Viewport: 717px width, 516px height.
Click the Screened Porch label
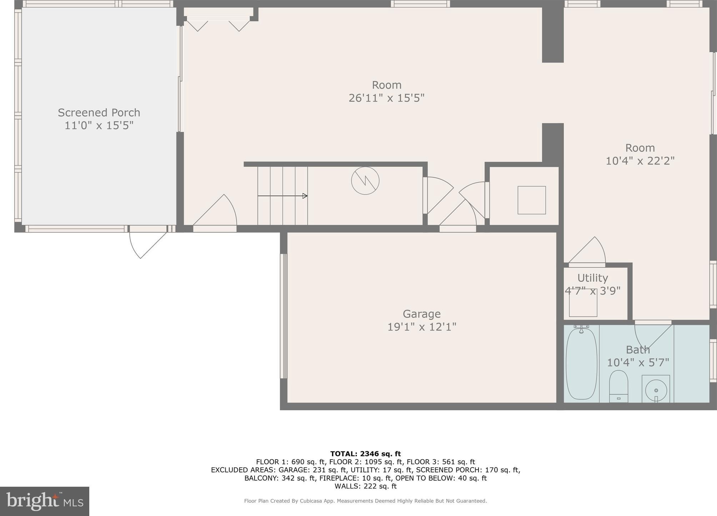99,112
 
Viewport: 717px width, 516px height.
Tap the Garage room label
422,314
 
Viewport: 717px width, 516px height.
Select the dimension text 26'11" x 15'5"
386,98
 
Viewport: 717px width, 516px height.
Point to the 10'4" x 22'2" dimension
640,161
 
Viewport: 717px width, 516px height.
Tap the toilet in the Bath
618,386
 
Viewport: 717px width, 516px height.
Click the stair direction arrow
282,196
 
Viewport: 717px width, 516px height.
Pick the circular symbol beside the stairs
365,181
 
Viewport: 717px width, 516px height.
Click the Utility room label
592,278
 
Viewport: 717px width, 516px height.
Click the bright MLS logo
45,501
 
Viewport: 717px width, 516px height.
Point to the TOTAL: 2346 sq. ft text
365,454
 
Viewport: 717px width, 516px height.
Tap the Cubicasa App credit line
365,501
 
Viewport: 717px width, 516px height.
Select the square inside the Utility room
583,303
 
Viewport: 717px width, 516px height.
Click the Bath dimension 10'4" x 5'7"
638,362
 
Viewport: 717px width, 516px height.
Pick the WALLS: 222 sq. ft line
365,486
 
